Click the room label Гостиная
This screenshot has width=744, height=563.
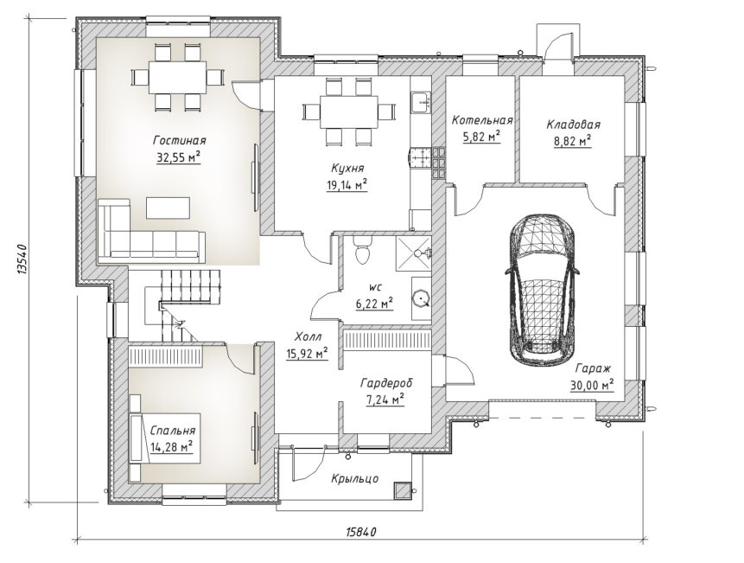click(180, 140)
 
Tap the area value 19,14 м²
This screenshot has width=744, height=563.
click(347, 185)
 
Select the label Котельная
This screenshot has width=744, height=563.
click(482, 120)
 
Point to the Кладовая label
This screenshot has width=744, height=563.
click(573, 125)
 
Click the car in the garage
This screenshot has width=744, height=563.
click(542, 290)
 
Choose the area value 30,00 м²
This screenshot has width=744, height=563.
click(592, 385)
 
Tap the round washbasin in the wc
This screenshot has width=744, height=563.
click(421, 298)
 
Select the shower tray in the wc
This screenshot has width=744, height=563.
click(414, 253)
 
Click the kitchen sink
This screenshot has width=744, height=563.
click(421, 102)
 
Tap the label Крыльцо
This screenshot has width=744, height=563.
click(355, 478)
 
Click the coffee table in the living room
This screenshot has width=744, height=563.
click(168, 208)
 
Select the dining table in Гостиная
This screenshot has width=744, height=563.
click(178, 77)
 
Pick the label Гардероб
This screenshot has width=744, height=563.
click(386, 382)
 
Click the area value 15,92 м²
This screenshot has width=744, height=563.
click(308, 353)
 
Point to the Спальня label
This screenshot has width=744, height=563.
click(172, 431)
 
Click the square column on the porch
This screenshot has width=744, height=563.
click(402, 490)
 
